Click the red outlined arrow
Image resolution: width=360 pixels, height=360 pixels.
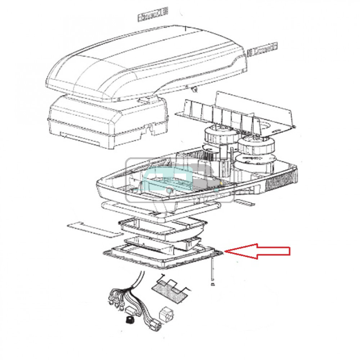pos(259,251)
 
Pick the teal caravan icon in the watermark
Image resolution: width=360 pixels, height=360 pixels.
pos(180,178)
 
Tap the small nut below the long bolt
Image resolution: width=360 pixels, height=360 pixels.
pos(212,284)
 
